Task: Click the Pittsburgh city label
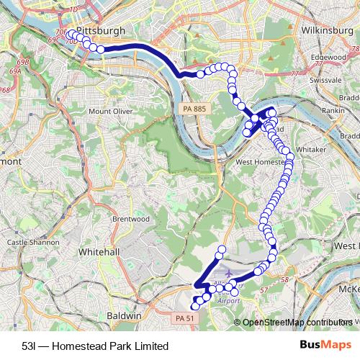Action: click(100, 32)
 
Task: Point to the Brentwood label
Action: click(131, 218)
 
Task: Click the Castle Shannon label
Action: click(27, 243)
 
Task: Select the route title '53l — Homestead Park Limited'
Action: click(90, 346)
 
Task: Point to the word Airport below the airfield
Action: click(228, 300)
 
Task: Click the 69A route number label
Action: click(15, 72)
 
